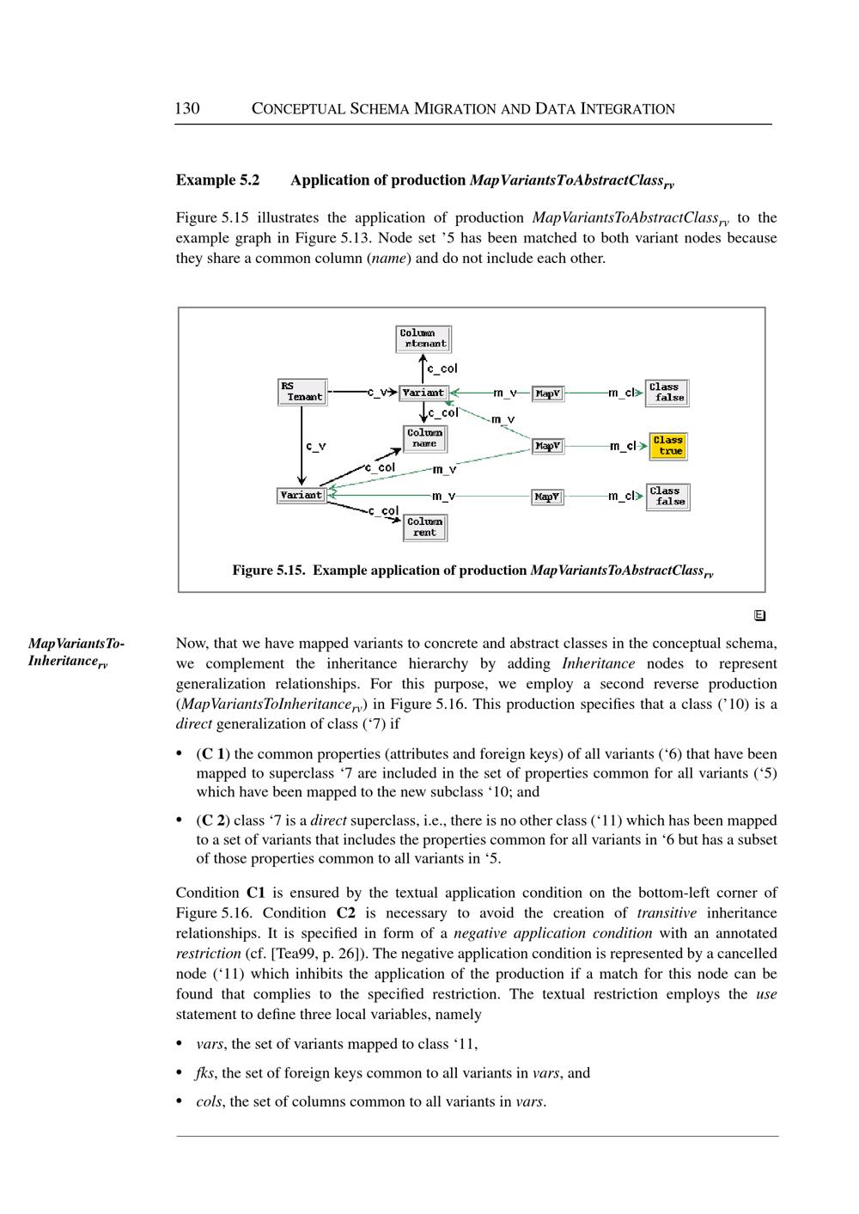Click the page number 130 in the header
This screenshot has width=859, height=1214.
pyautogui.click(x=187, y=108)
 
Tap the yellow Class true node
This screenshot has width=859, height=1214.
pyautogui.click(x=667, y=446)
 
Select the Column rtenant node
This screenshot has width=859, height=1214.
pyautogui.click(x=423, y=339)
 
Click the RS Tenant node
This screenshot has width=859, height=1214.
pyautogui.click(x=302, y=392)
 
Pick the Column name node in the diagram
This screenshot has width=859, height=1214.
pyautogui.click(x=424, y=438)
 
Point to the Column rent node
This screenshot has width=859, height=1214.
pyautogui.click(x=424, y=527)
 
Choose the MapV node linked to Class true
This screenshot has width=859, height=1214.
pyautogui.click(x=548, y=446)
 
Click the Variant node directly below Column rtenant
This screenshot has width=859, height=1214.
pyautogui.click(x=423, y=393)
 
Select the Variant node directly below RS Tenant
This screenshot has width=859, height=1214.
pyautogui.click(x=302, y=495)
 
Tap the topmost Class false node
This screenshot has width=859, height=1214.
pyautogui.click(x=667, y=393)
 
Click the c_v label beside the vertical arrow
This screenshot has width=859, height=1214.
pyautogui.click(x=315, y=446)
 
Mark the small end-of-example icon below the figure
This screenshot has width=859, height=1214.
pyautogui.click(x=759, y=615)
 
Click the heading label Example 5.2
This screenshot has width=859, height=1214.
pyautogui.click(x=217, y=180)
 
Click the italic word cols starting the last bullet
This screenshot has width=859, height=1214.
pyautogui.click(x=208, y=1101)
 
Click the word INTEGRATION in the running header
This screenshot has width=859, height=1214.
pyautogui.click(x=628, y=109)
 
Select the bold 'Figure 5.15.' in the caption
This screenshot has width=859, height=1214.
pyautogui.click(x=269, y=570)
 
